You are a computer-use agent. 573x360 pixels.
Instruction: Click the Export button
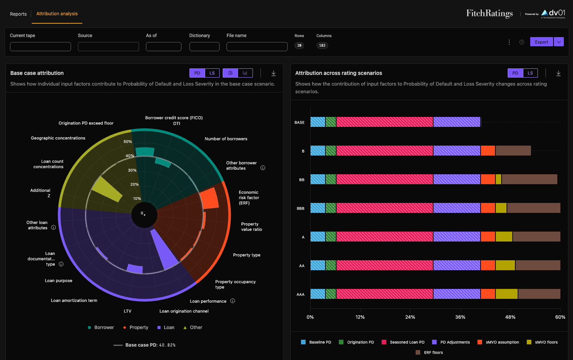click(x=541, y=42)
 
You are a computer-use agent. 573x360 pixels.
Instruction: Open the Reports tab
click(x=18, y=14)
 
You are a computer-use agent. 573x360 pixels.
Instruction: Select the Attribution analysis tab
click(x=57, y=13)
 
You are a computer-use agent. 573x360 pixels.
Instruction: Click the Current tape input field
click(x=40, y=47)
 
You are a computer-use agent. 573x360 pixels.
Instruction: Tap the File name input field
click(x=257, y=47)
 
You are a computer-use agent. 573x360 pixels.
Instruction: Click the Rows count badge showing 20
click(x=299, y=45)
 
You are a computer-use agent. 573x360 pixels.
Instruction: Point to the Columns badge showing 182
click(x=322, y=45)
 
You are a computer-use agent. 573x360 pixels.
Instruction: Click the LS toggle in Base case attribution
click(x=212, y=73)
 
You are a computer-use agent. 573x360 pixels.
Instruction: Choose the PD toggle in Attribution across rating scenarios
click(x=515, y=73)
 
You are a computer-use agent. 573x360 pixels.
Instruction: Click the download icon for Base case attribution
click(x=274, y=73)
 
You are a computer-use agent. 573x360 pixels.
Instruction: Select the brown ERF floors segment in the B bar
click(x=513, y=151)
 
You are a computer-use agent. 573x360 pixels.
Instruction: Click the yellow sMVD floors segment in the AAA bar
click(x=507, y=294)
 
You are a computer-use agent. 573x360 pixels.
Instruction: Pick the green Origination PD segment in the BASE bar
click(x=331, y=122)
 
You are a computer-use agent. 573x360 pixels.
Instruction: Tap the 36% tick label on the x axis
click(x=460, y=317)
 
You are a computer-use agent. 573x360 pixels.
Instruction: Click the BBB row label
click(x=300, y=208)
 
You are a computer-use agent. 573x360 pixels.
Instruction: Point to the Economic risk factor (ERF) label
click(x=249, y=198)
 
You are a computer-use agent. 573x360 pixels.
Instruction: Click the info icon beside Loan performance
click(x=233, y=301)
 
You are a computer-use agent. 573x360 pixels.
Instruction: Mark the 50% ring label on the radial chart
click(x=128, y=141)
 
